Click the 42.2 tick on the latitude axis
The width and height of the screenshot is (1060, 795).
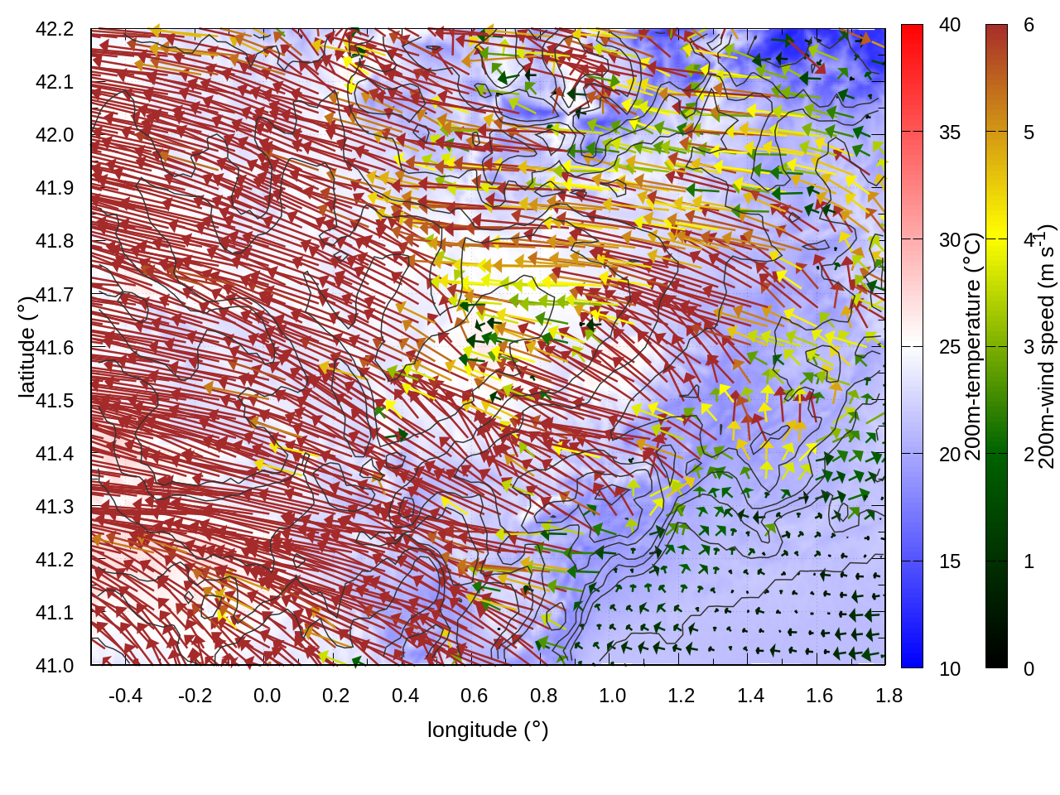(x=55, y=29)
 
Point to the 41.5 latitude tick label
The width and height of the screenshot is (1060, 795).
(x=55, y=401)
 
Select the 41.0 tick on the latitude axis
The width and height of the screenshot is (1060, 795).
(x=55, y=666)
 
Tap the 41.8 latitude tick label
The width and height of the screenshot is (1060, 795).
(x=55, y=241)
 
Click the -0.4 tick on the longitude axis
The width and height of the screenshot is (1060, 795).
(x=125, y=696)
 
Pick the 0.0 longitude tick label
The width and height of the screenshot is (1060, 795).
(x=267, y=696)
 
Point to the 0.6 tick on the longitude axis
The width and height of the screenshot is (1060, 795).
(x=475, y=696)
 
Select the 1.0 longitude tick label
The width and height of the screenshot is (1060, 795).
(x=613, y=696)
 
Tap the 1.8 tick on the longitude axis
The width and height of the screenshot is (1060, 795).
(x=889, y=696)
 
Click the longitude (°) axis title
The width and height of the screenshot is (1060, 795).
(x=488, y=730)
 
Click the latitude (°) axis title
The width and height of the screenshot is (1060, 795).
(x=26, y=347)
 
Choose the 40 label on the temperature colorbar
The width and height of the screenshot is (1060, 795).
(x=950, y=26)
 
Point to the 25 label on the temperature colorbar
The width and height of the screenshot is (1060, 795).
(x=950, y=347)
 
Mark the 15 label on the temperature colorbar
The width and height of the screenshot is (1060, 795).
(x=950, y=561)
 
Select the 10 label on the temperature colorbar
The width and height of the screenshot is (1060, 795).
(x=950, y=668)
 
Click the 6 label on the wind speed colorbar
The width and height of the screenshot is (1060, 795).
(x=1029, y=26)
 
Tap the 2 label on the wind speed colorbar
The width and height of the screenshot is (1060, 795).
(x=1029, y=455)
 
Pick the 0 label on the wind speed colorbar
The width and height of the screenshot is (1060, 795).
(x=1029, y=668)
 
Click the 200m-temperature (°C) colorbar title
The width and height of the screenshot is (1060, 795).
(x=974, y=347)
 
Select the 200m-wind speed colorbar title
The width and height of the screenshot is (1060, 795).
(x=1046, y=347)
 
